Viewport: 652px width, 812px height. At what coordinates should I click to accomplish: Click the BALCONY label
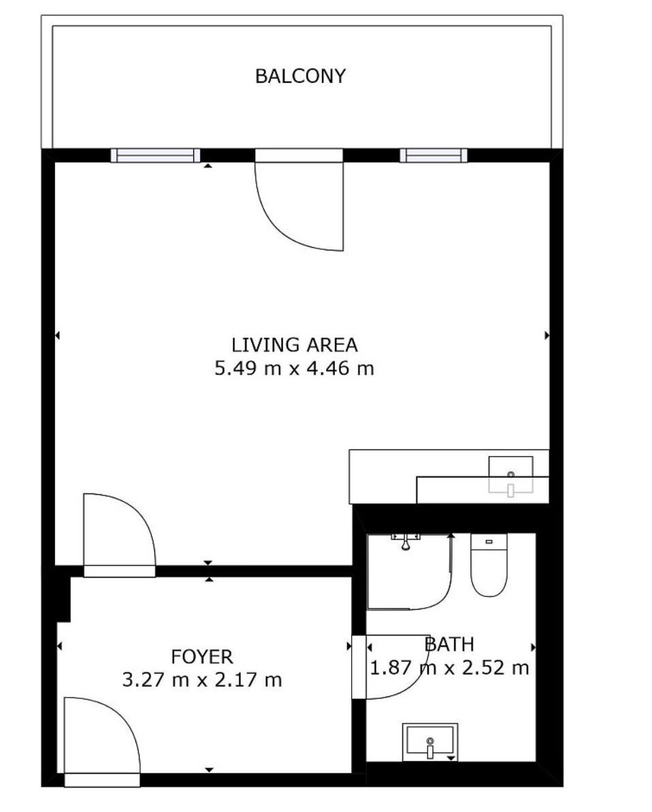click(x=300, y=76)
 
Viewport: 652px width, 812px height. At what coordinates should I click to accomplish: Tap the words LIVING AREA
click(x=294, y=345)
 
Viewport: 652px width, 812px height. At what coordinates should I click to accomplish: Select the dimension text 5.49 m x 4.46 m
click(x=294, y=369)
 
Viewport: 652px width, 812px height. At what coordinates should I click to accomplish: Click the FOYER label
click(x=202, y=657)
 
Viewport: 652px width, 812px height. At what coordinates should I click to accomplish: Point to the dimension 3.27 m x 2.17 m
click(x=202, y=679)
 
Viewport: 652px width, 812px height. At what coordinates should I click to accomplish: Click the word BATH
click(x=449, y=644)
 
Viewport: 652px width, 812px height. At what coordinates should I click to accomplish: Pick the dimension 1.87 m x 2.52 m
click(x=449, y=668)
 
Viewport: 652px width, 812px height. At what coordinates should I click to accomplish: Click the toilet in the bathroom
click(x=489, y=564)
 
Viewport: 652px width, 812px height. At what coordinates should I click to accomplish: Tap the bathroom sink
click(x=430, y=742)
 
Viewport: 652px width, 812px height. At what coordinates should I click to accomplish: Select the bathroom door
click(x=391, y=667)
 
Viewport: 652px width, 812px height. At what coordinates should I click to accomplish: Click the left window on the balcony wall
click(x=155, y=155)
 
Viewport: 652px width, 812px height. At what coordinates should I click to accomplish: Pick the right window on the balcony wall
click(x=434, y=155)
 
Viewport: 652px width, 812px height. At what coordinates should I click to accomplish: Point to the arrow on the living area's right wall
click(x=547, y=336)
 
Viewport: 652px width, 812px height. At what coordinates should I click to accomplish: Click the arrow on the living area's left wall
click(x=57, y=336)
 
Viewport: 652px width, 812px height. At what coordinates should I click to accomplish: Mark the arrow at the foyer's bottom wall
click(x=209, y=770)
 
